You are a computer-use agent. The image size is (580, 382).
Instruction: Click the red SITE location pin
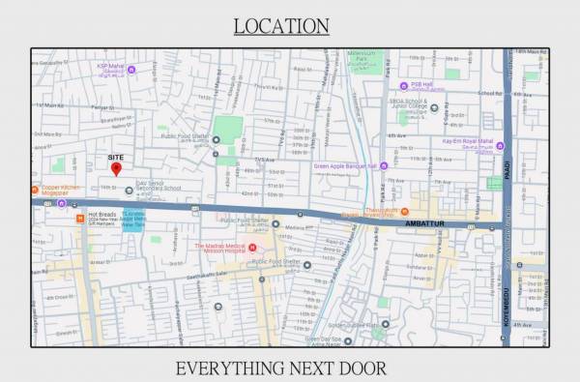point(116,168)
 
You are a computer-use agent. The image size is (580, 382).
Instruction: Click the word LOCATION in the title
point(281,26)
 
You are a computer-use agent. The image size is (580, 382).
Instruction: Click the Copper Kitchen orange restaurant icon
point(36,190)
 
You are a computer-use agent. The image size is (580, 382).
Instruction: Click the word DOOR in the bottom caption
point(364,367)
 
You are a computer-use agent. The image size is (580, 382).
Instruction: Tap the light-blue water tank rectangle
point(133,220)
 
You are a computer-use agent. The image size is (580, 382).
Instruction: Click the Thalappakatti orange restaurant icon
point(405,211)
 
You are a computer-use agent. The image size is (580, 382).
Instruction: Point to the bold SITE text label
point(115,156)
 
